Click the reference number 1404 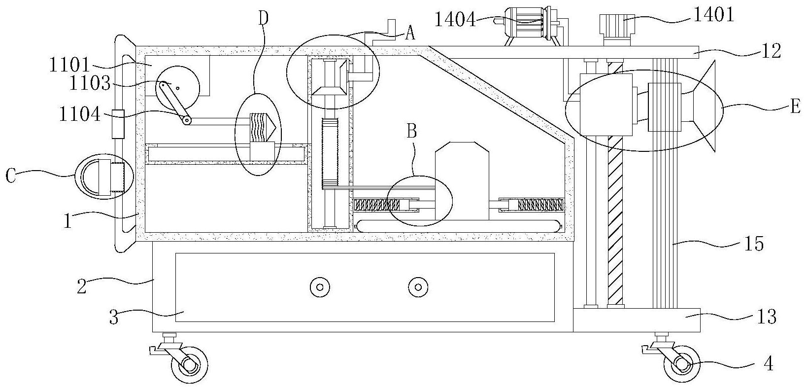point(455,20)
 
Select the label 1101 point(69,66)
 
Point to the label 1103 point(90,83)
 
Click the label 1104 point(80,114)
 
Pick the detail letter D point(264,18)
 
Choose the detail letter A point(410,34)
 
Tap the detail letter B point(412,131)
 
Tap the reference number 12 point(771,51)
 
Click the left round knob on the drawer point(320,287)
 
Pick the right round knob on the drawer point(418,287)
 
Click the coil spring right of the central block point(540,205)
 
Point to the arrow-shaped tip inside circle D point(273,127)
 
